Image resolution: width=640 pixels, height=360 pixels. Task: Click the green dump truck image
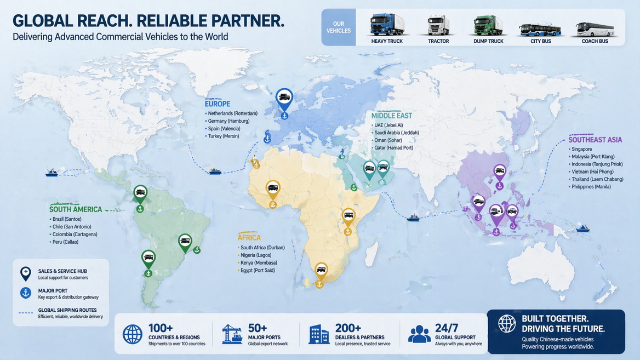pos(488,25)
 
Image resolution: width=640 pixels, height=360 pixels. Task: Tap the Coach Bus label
pos(595,41)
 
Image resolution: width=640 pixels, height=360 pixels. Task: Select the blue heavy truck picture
pos(387,25)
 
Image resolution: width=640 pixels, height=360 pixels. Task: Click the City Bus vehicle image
pos(539,28)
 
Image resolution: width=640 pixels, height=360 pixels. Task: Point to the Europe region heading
pos(217,104)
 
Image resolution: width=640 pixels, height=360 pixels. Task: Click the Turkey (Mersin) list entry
pos(223,136)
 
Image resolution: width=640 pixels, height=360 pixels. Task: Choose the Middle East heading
pos(391,116)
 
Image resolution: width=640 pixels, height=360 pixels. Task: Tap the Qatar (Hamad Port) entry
pos(393,148)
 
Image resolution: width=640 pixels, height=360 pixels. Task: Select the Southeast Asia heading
pos(595,140)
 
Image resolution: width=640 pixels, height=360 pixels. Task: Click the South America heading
pos(76,209)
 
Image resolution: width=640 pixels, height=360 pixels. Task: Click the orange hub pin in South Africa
pos(321,269)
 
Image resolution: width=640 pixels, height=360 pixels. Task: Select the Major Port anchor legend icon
pos(26,293)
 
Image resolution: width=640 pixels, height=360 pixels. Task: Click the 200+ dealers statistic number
pos(348,328)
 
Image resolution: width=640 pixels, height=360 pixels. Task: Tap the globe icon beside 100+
pos(132,334)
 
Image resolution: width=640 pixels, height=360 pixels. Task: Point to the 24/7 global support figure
pos(447,328)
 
